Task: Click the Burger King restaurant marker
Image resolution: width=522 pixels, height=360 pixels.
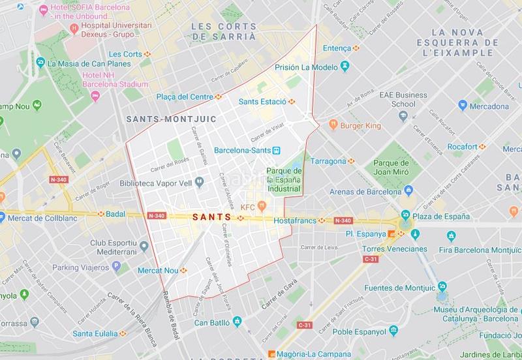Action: (x=333, y=123)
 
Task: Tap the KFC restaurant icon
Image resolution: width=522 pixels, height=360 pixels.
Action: (x=262, y=207)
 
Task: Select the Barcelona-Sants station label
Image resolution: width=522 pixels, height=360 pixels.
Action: (x=242, y=149)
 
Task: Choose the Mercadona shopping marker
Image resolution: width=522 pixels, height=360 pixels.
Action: (x=463, y=106)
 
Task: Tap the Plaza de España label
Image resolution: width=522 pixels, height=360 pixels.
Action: (x=440, y=216)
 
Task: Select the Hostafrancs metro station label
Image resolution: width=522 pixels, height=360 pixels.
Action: (x=299, y=220)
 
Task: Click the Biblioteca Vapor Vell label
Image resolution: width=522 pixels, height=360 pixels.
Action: (x=157, y=183)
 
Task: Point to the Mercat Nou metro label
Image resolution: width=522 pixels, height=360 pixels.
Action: (x=158, y=270)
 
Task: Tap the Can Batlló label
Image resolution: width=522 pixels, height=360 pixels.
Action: (x=209, y=322)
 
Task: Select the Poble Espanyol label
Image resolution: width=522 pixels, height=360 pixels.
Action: (x=360, y=331)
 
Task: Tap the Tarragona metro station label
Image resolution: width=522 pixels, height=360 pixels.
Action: (x=328, y=161)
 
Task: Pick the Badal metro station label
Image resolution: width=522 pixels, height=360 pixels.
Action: (x=115, y=213)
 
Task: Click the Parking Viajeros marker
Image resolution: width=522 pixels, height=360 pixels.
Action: (x=116, y=267)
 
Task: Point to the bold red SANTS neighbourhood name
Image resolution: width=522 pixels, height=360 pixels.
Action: (x=211, y=217)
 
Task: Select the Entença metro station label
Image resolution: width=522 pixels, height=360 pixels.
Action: (x=337, y=48)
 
